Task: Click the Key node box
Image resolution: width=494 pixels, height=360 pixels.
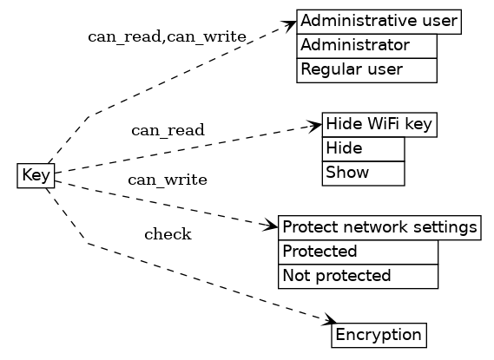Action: (x=36, y=175)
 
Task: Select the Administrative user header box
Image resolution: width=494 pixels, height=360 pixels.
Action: (x=379, y=22)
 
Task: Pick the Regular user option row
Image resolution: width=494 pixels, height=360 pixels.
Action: (x=366, y=69)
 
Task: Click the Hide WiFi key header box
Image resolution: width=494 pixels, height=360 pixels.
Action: (x=379, y=125)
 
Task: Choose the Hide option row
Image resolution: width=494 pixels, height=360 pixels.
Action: (x=363, y=149)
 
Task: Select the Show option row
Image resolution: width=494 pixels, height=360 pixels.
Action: (x=363, y=173)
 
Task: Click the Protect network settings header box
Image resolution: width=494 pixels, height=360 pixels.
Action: (x=379, y=228)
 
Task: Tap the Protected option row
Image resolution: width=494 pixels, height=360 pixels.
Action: (x=357, y=252)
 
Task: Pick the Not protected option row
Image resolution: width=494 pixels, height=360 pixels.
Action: (x=357, y=276)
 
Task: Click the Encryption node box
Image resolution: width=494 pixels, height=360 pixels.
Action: (x=379, y=335)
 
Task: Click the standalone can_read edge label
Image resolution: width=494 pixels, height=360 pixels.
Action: (x=168, y=131)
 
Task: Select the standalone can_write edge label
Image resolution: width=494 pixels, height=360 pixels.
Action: (x=168, y=180)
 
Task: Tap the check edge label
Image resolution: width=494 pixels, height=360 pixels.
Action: (x=168, y=234)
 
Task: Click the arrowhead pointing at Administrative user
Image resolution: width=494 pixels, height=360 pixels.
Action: (x=291, y=25)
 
